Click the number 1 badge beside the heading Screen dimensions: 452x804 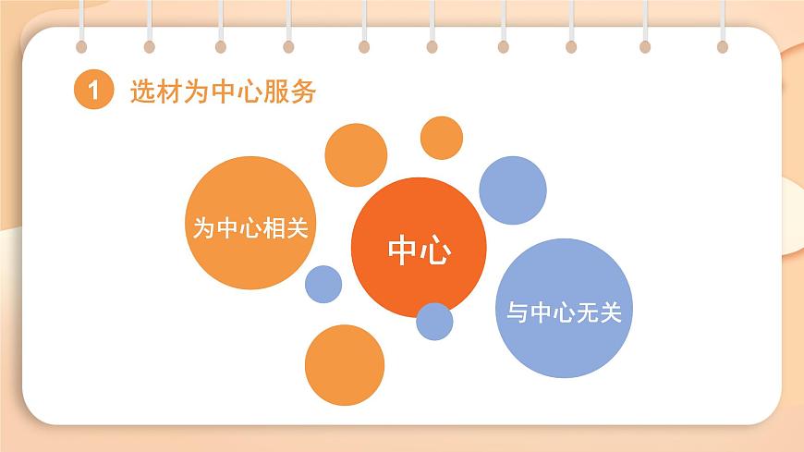(x=92, y=92)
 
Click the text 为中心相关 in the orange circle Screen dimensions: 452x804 (x=250, y=227)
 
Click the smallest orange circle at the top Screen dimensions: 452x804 (x=442, y=138)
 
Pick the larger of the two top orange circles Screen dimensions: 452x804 (x=356, y=154)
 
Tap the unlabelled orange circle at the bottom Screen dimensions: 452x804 (x=344, y=364)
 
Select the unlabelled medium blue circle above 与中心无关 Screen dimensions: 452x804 (x=512, y=190)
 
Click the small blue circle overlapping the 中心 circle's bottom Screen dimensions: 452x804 (x=434, y=321)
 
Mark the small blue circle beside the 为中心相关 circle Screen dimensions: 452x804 (x=323, y=284)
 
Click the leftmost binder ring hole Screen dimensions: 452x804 (x=82, y=46)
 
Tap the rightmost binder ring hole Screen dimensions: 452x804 (x=722, y=46)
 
